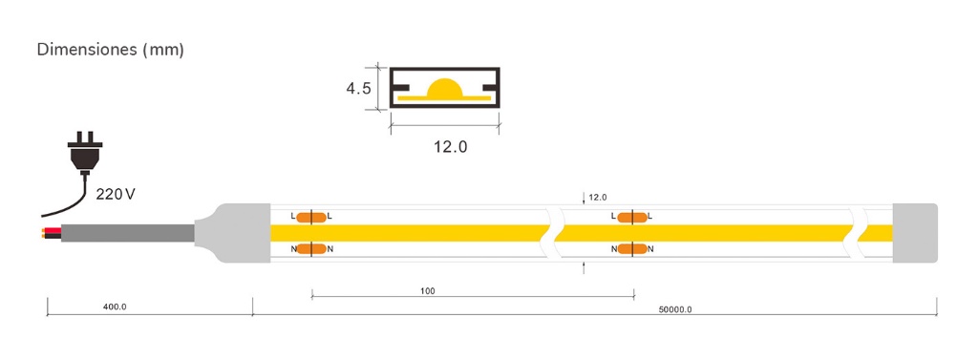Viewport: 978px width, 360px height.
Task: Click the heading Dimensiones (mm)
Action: (111, 50)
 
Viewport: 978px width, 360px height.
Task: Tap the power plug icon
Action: (85, 152)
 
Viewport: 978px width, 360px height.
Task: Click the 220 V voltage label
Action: (116, 194)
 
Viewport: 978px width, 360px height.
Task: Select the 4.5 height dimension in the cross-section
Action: (359, 89)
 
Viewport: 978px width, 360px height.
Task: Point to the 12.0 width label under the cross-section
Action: (451, 147)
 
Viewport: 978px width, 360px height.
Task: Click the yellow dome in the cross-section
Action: (445, 89)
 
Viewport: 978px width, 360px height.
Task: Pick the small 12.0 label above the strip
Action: (598, 197)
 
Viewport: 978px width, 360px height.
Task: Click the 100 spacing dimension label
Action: (428, 290)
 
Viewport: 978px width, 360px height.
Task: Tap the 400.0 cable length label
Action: (115, 307)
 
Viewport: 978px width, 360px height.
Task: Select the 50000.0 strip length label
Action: (675, 308)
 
